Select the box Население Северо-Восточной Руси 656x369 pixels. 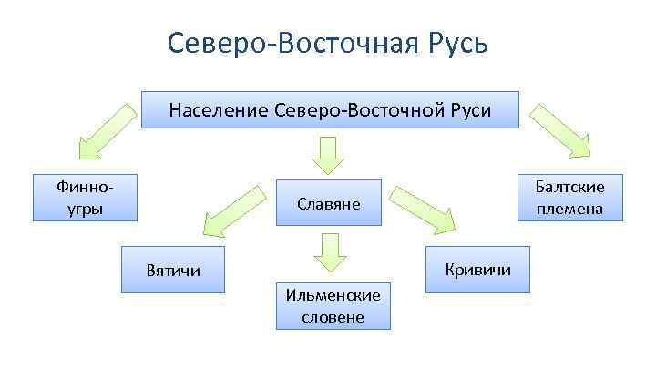click(329, 110)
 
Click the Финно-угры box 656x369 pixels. click(85, 198)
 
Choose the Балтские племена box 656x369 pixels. click(569, 198)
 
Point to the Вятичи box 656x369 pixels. click(173, 271)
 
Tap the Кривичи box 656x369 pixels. click(477, 270)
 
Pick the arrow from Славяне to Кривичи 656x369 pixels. click(423, 210)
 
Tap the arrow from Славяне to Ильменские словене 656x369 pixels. click(328, 255)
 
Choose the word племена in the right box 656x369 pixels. click(569, 209)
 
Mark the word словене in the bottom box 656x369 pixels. click(336, 316)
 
